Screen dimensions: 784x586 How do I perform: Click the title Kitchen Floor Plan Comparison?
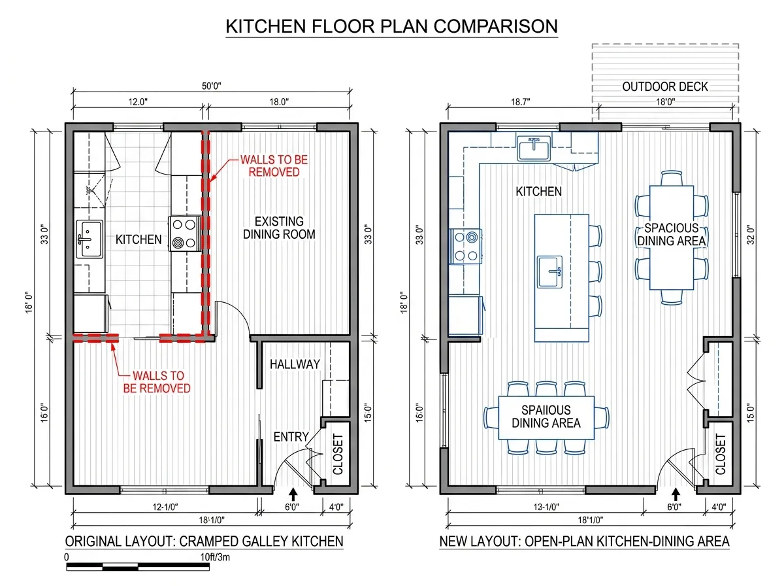(x=391, y=26)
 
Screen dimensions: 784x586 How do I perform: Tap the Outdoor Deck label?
(x=664, y=86)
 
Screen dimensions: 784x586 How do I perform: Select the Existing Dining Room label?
(x=279, y=228)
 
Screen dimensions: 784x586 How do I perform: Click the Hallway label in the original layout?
(x=295, y=364)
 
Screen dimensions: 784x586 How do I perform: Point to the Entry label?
(x=291, y=436)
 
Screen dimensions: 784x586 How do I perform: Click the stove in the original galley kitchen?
(x=184, y=233)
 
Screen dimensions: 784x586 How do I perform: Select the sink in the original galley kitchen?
(x=90, y=239)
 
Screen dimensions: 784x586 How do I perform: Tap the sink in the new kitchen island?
(x=549, y=271)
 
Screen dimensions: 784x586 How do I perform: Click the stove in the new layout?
(x=465, y=247)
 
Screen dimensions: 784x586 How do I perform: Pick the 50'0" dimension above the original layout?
(x=212, y=86)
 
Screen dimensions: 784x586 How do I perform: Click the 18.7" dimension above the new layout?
(x=521, y=102)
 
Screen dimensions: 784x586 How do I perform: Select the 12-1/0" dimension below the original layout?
(x=165, y=507)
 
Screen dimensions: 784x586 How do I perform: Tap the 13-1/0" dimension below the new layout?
(x=546, y=507)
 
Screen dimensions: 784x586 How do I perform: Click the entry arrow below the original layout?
(x=293, y=494)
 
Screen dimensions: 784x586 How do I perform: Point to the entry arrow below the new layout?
(x=676, y=494)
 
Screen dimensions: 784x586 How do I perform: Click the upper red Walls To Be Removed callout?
(x=274, y=166)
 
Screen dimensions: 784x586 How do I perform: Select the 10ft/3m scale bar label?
(x=215, y=557)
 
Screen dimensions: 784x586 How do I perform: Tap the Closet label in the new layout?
(x=721, y=454)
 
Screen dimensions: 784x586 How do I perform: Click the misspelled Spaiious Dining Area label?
(x=546, y=417)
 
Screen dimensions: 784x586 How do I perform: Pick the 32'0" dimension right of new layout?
(x=751, y=235)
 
